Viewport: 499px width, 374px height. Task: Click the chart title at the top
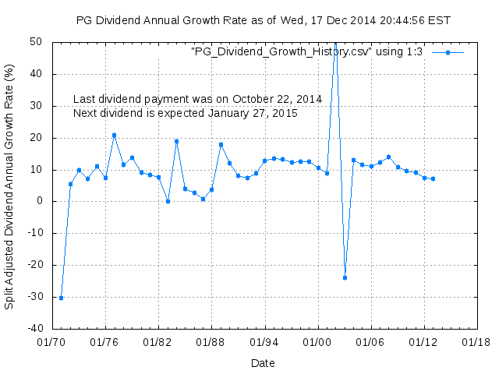point(264,19)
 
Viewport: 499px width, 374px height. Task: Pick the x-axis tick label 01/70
point(52,341)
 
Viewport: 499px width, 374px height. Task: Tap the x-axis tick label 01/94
point(264,341)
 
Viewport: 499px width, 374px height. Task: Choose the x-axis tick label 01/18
point(476,341)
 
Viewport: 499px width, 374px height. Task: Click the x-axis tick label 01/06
point(370,341)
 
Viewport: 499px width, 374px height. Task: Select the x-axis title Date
point(263,363)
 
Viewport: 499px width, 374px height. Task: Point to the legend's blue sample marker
point(448,52)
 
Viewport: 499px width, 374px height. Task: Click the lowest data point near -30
point(61,298)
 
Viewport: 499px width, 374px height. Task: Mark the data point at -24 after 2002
point(345,277)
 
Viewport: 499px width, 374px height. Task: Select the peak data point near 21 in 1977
point(114,135)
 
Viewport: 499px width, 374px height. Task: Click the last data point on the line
point(433,178)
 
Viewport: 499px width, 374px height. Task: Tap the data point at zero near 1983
point(168,201)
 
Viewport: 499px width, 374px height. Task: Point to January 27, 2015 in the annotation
point(253,114)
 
